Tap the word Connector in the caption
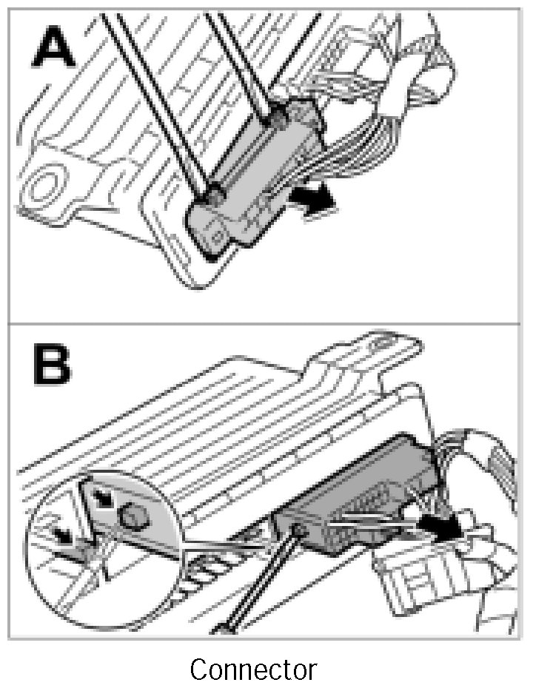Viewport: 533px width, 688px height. click(x=253, y=670)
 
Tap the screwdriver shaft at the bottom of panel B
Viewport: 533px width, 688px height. click(x=255, y=584)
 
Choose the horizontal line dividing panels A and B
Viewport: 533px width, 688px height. click(x=266, y=324)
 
